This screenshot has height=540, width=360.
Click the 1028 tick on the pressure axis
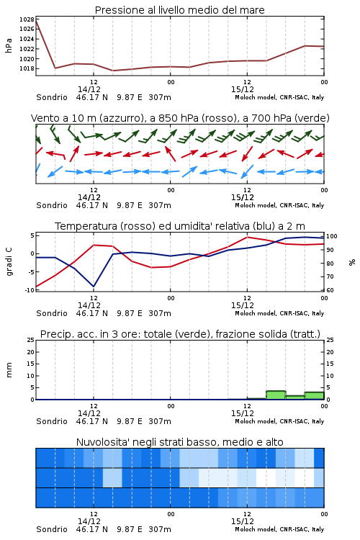click(27, 19)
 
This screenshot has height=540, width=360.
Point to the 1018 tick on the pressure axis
click(27, 68)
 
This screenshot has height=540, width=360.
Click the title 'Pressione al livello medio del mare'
click(180, 10)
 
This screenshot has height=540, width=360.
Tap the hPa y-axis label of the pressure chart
click(9, 45)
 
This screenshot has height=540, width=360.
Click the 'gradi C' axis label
click(9, 262)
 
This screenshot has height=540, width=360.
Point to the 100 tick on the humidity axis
click(332, 236)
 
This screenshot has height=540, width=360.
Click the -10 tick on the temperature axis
click(30, 290)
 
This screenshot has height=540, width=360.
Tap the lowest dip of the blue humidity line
click(94, 287)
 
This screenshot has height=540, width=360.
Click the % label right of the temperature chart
click(352, 262)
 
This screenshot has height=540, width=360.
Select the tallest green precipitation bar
click(276, 395)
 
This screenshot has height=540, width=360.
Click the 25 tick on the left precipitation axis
click(31, 340)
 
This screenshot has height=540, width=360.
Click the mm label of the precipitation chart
click(9, 370)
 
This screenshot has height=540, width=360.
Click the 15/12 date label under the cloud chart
click(243, 521)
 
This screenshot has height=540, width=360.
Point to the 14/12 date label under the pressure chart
click(89, 89)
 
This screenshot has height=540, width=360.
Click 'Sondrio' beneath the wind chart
click(52, 205)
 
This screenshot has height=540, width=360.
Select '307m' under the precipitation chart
click(160, 421)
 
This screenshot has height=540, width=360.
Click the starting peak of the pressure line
click(36, 20)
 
